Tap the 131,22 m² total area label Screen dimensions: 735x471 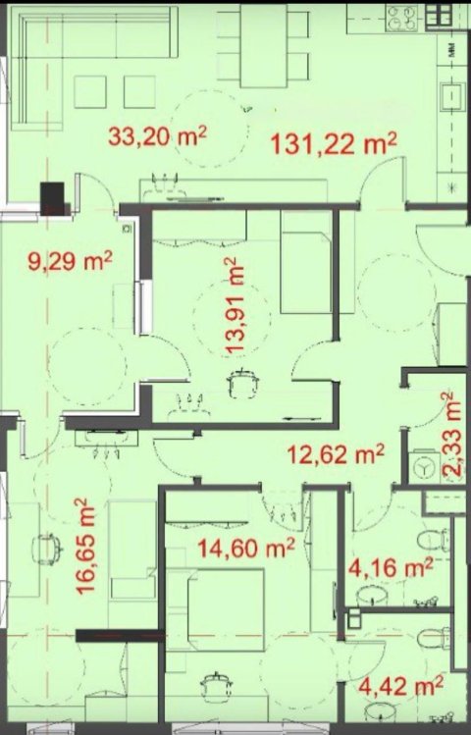pyautogui.click(x=334, y=145)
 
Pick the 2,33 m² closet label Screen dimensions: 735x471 pyautogui.click(x=450, y=436)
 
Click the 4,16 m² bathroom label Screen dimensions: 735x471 pyautogui.click(x=392, y=566)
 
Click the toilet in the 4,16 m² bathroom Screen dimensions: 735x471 pyautogui.click(x=435, y=542)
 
